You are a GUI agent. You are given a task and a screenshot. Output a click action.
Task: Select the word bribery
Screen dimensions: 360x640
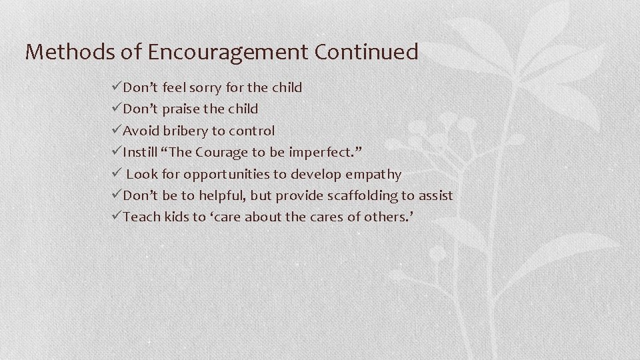click(x=182, y=131)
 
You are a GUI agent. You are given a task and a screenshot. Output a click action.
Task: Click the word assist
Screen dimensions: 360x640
click(x=436, y=195)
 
